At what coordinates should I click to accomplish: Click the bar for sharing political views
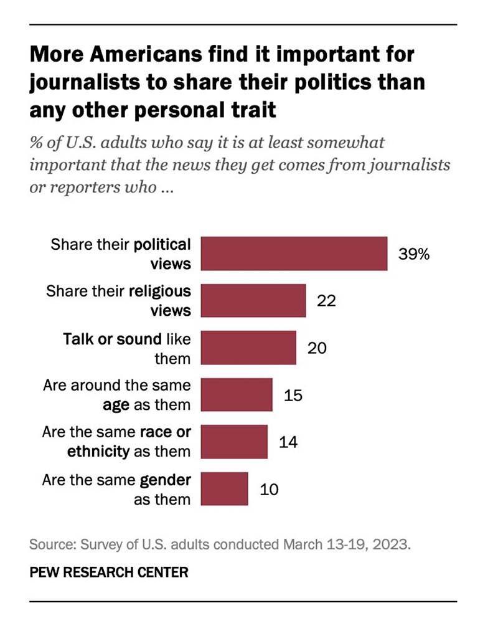pyautogui.click(x=295, y=254)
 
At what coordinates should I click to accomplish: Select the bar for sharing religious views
pyautogui.click(x=254, y=301)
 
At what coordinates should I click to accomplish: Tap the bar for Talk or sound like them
pyautogui.click(x=249, y=348)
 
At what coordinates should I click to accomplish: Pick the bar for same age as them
pyautogui.click(x=237, y=395)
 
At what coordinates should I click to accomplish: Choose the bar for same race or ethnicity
pyautogui.click(x=235, y=441)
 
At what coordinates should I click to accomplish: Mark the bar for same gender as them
pyautogui.click(x=225, y=488)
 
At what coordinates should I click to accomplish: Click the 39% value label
pyautogui.click(x=414, y=254)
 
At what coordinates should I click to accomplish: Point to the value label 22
pyautogui.click(x=326, y=301)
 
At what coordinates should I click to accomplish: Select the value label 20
pyautogui.click(x=317, y=348)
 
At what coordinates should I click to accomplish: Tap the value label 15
pyautogui.click(x=293, y=395)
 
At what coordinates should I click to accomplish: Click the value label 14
pyautogui.click(x=288, y=442)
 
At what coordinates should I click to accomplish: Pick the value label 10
pyautogui.click(x=268, y=489)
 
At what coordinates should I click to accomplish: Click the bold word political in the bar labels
pyautogui.click(x=162, y=244)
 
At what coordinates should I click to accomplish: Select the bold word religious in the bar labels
pyautogui.click(x=161, y=291)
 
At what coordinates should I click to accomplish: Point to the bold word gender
pyautogui.click(x=166, y=480)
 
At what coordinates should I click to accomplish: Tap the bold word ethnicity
pyautogui.click(x=99, y=450)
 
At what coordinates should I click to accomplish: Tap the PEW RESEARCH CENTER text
pyautogui.click(x=108, y=572)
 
